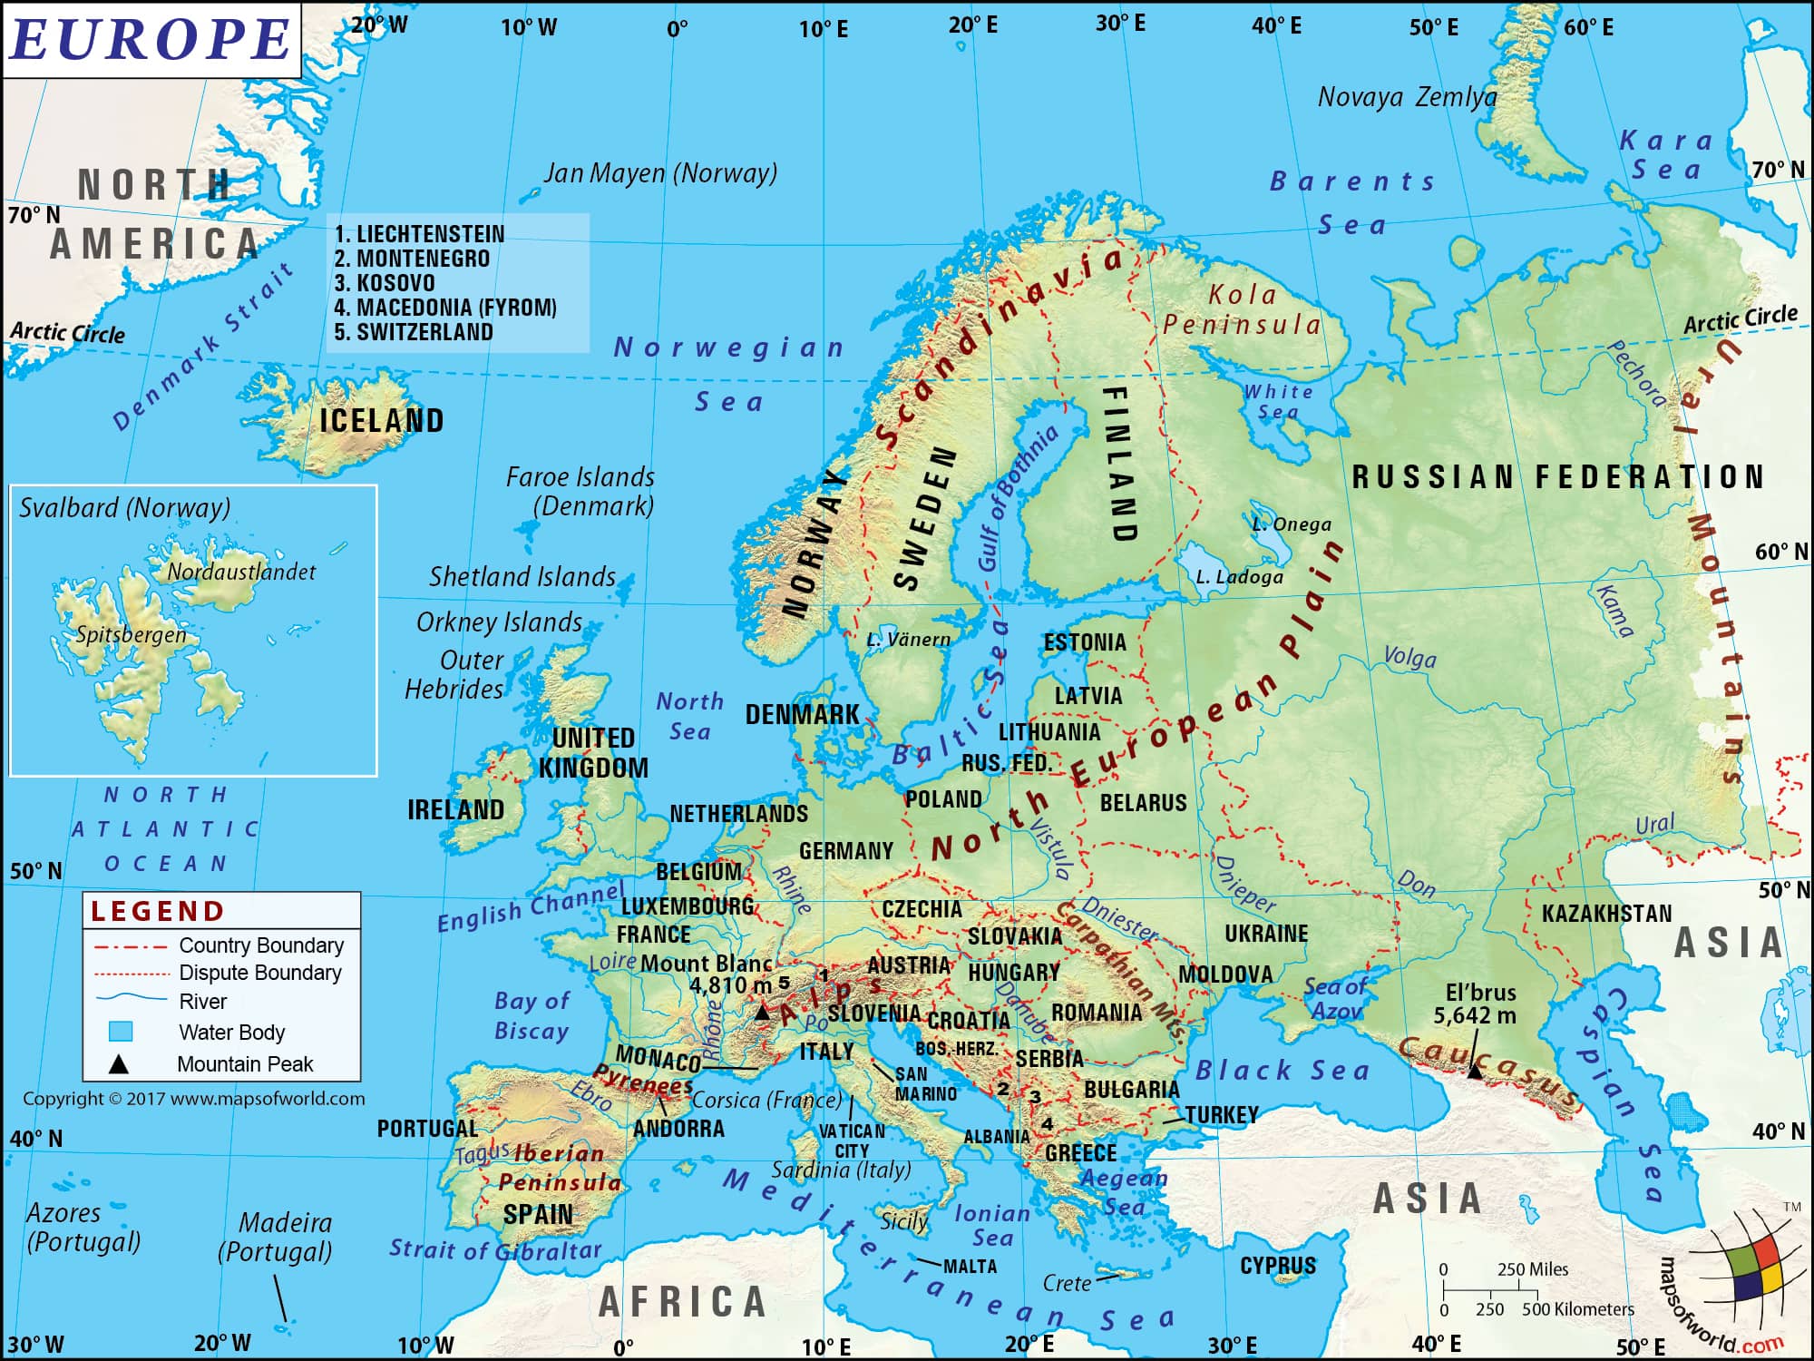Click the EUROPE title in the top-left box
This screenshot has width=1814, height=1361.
coord(151,40)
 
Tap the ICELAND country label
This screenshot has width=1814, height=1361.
coord(382,421)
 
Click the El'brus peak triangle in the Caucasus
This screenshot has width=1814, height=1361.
coord(1475,1071)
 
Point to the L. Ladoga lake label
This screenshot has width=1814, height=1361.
coord(1239,577)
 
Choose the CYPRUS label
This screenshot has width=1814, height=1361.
coord(1277,1266)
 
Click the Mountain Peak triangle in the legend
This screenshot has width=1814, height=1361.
coord(119,1064)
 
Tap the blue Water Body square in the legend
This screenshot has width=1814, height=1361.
coord(121,1032)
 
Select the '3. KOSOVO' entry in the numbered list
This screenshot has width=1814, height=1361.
coord(385,283)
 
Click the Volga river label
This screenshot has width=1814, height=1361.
coord(1409,657)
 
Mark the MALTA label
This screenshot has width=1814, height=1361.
coord(970,1267)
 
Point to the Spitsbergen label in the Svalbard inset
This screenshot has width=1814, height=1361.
coord(131,634)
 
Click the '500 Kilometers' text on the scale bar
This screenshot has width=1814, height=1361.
coord(1577,1309)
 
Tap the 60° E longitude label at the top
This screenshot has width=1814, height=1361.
coord(1588,27)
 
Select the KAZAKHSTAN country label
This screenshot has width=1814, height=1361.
coord(1606,914)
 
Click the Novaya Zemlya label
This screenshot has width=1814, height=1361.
coord(1407,97)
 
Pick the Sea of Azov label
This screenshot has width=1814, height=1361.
coord(1335,998)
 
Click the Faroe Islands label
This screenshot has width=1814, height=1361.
coord(580,477)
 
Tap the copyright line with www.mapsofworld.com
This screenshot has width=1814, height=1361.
coord(194,1099)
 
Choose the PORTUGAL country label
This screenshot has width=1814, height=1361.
coord(427,1129)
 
